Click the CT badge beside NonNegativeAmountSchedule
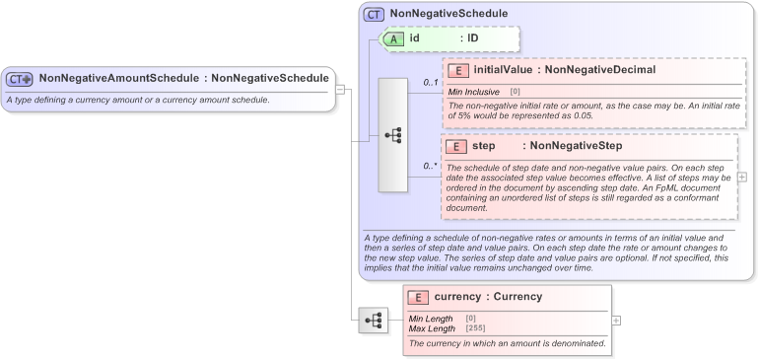click(x=20, y=79)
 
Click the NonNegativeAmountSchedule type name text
click(x=119, y=78)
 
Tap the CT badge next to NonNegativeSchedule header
click(x=375, y=15)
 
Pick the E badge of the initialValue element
click(x=457, y=70)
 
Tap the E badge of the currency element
click(x=418, y=296)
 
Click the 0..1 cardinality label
click(x=430, y=83)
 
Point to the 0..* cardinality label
click(x=430, y=166)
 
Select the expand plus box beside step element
click(x=742, y=178)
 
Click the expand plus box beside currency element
click(x=616, y=320)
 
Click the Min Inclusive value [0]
click(x=515, y=92)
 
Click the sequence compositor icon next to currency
click(x=373, y=320)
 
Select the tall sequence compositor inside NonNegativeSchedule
click(x=392, y=135)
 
